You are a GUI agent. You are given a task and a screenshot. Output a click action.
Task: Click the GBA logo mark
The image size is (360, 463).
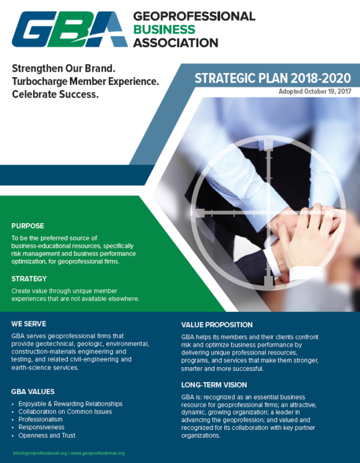(70, 29)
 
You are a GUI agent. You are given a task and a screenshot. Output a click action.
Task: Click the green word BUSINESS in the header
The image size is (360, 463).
(164, 29)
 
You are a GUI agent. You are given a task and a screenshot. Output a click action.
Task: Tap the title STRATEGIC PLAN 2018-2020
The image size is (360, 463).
(273, 78)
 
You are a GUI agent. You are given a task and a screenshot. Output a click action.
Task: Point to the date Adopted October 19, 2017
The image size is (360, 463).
(315, 92)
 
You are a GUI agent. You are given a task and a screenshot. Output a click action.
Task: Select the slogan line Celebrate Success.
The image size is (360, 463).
(55, 95)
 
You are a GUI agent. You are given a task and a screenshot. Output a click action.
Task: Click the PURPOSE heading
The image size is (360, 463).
(28, 226)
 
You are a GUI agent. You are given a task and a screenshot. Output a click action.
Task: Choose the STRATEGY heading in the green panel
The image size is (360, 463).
(29, 279)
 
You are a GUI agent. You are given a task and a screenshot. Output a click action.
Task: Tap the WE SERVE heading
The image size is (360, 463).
(29, 324)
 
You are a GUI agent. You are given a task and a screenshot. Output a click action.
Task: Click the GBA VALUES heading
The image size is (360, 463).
(33, 391)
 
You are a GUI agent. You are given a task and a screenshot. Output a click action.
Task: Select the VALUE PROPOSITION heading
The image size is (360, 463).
(216, 325)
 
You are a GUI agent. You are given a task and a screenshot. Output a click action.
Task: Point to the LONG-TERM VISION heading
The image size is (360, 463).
(214, 385)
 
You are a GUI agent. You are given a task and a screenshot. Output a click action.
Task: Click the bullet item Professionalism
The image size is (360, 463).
(40, 420)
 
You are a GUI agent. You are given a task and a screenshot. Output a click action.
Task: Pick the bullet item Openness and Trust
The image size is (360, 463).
(47, 435)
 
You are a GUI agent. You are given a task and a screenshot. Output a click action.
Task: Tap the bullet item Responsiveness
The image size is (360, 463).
(42, 427)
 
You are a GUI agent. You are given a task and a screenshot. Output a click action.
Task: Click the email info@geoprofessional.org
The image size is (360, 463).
(40, 453)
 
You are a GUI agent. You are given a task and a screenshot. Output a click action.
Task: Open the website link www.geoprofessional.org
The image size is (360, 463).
(97, 453)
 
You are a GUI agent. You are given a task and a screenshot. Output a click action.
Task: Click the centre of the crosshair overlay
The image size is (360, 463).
(268, 212)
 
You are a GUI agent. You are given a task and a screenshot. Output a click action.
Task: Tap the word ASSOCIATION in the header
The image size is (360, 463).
(175, 43)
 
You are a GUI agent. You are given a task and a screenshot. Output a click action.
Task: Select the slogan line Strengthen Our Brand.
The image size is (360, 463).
(63, 69)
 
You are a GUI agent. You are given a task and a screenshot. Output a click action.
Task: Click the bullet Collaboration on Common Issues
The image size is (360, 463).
(65, 412)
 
